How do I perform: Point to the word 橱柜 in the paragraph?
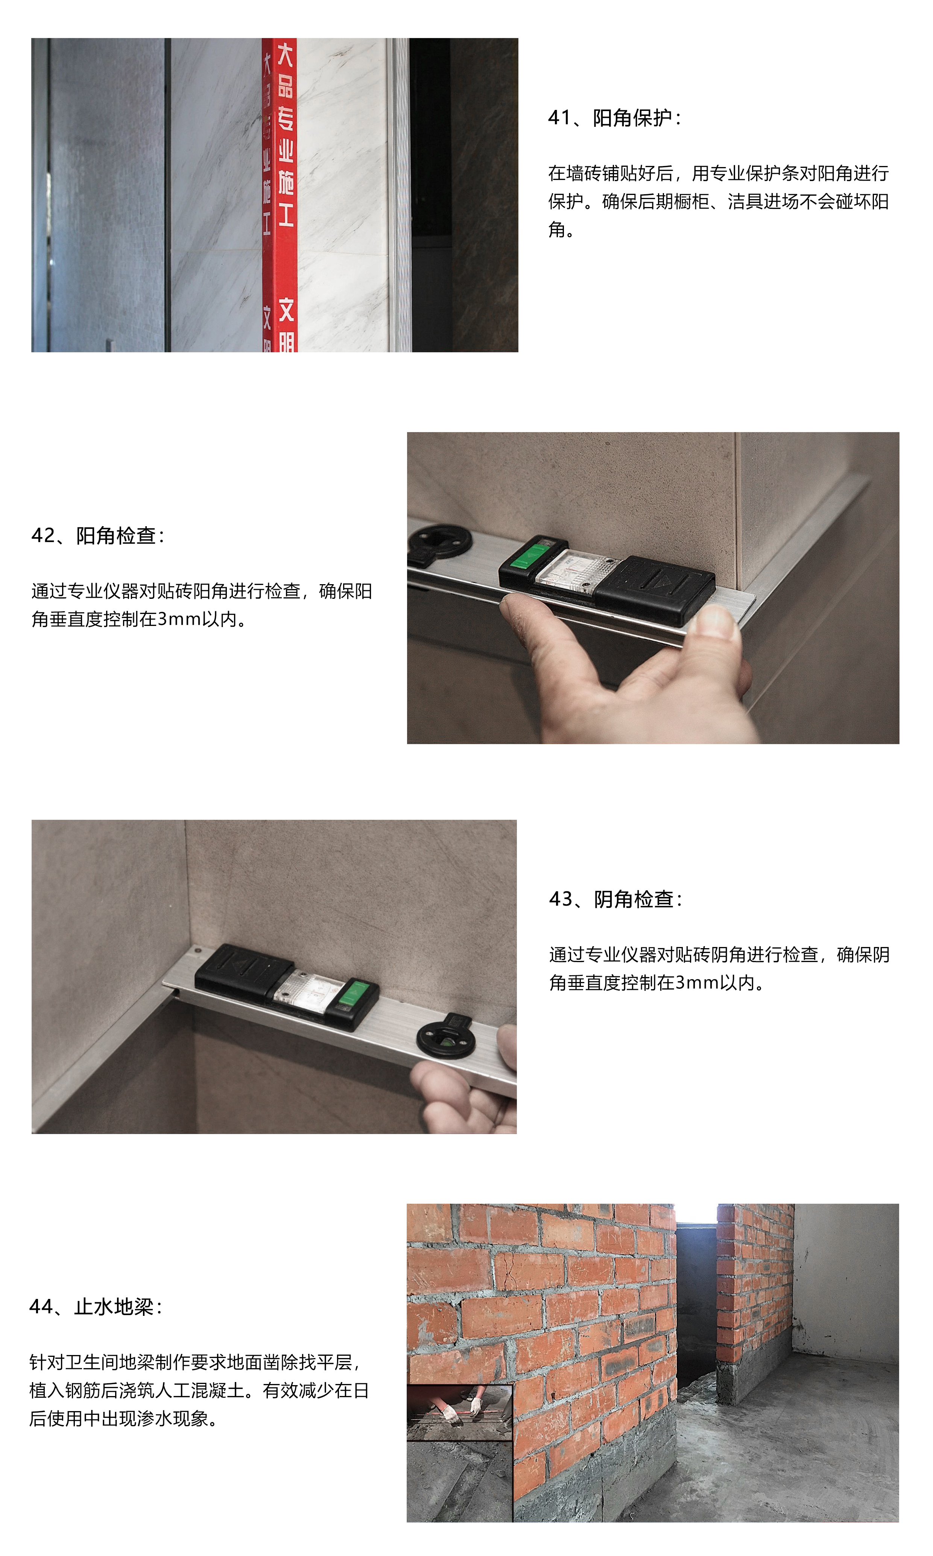pyautogui.click(x=691, y=202)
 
